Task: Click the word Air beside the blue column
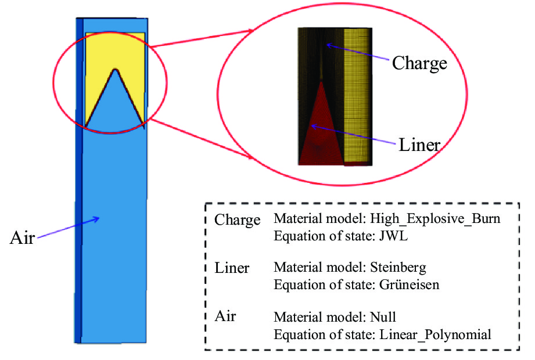pos(22,238)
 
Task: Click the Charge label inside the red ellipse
pos(419,63)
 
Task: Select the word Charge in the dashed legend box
pos(238,221)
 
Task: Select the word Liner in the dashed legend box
pos(232,268)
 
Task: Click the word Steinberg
pos(398,268)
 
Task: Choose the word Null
pos(383,318)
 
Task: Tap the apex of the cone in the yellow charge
pos(116,71)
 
